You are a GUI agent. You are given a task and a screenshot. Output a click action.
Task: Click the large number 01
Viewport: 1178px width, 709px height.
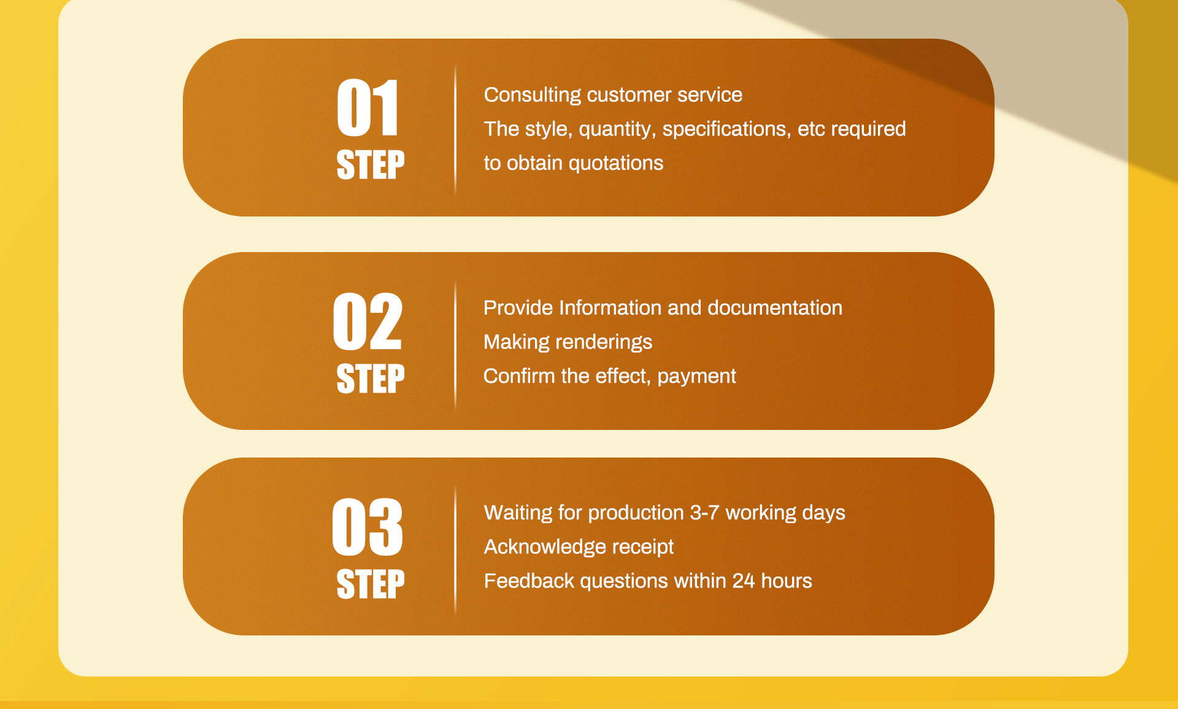[368, 108]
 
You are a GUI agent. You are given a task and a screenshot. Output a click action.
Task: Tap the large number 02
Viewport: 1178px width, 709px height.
[368, 321]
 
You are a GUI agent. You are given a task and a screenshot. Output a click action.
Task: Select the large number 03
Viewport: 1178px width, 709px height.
[368, 527]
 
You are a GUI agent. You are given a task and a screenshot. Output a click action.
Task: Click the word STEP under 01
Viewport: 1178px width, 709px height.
[371, 165]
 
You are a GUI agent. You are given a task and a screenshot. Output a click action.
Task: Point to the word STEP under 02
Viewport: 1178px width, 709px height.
[371, 378]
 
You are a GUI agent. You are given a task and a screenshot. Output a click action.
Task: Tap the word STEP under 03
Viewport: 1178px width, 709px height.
[371, 584]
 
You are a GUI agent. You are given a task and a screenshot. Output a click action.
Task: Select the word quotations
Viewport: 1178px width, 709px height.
[616, 164]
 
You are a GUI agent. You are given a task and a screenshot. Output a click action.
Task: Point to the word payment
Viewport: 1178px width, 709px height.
[696, 377]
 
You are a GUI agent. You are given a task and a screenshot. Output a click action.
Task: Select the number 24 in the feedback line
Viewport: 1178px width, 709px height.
[744, 581]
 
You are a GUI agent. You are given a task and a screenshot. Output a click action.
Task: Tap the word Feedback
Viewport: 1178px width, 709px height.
[529, 581]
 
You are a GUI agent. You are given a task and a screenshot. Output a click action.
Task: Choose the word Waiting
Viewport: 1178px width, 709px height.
[518, 513]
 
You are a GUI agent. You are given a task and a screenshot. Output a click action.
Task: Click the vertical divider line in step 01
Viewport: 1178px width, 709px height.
[455, 128]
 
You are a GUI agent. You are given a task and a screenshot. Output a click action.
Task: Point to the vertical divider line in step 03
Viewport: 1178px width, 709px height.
[455, 550]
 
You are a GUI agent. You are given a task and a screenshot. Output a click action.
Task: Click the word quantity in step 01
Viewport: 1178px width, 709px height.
[617, 129]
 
